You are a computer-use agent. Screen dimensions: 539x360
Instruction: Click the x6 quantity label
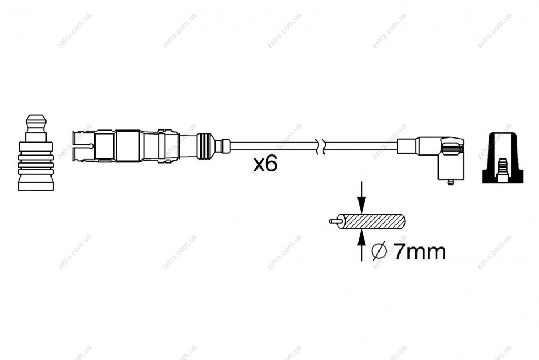click(266, 164)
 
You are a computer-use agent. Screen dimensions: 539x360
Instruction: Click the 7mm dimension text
click(420, 252)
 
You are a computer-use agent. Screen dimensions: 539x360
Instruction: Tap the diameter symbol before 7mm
click(379, 252)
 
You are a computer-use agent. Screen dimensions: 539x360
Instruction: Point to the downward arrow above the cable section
click(361, 197)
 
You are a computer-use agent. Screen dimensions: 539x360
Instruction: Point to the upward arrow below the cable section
click(361, 245)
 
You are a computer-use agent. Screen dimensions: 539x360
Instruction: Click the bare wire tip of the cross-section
click(334, 221)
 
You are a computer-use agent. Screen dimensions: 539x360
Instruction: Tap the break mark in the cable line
click(321, 146)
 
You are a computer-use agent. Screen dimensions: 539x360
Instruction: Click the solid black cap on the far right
click(503, 158)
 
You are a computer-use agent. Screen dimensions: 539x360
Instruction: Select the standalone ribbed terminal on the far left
click(36, 153)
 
